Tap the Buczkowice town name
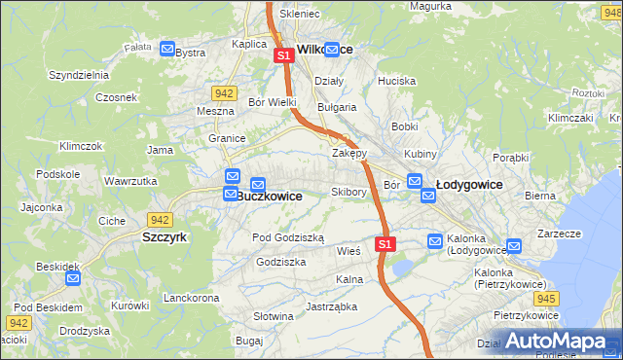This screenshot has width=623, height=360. coord(270,196)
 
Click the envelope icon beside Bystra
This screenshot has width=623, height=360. coord(167,50)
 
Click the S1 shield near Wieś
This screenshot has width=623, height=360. coord(385,243)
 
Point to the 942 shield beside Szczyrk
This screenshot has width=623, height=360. coord(160,220)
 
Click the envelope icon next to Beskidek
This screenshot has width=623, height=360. coord(73,278)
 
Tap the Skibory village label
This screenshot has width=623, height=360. coord(348,192)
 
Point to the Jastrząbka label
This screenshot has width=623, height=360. coord(331,306)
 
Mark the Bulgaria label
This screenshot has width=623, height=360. coord(337,107)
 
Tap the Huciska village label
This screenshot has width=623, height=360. coord(397,81)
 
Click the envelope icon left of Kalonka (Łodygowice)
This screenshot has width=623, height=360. coord(436,240)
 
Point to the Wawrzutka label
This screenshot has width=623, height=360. coord(130,181)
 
